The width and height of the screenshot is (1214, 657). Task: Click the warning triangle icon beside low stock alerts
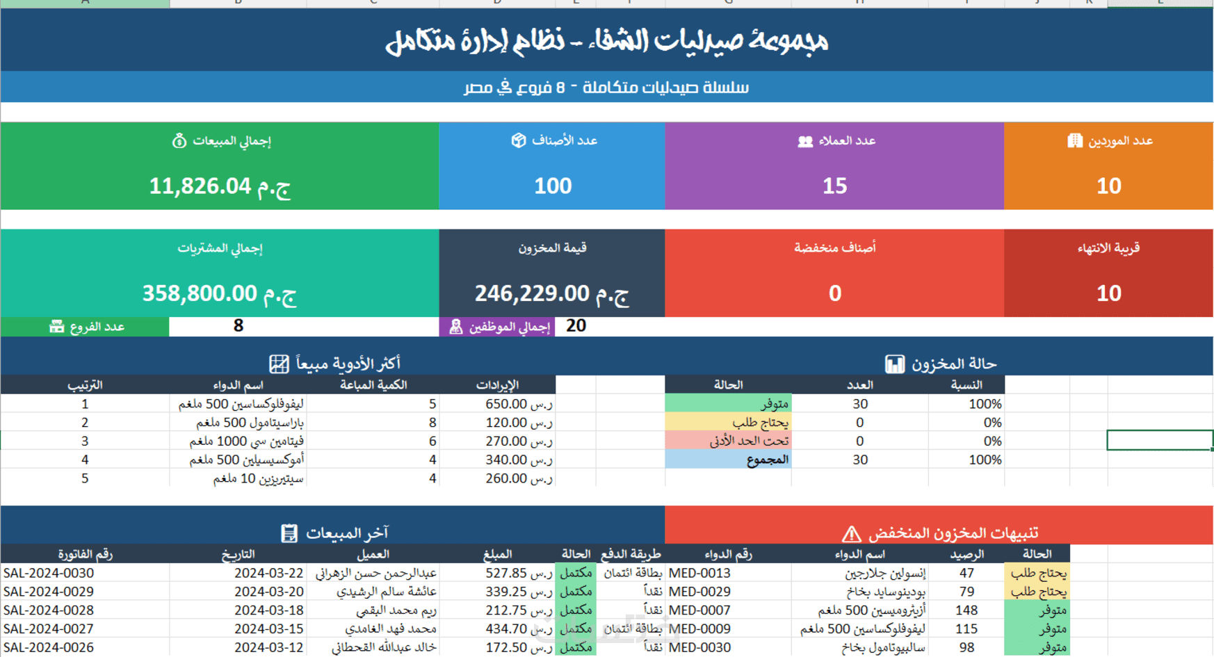tap(851, 534)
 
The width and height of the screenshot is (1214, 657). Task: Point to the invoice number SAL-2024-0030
tap(49, 573)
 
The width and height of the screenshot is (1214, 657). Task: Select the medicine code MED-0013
tap(699, 573)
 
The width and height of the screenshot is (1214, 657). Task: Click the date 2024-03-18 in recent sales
tap(269, 610)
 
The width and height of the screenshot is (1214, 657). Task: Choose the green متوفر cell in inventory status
tap(728, 404)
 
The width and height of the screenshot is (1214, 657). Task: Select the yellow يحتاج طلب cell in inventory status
tap(728, 423)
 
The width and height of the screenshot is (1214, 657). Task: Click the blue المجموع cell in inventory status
tap(728, 460)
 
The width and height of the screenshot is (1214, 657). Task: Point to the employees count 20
tap(576, 326)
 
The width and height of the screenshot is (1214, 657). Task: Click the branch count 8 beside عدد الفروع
tap(238, 326)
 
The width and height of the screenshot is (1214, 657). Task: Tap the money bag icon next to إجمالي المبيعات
tap(179, 141)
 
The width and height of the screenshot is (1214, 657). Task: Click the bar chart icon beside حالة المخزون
tap(895, 364)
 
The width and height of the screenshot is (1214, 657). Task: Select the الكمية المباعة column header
tap(373, 385)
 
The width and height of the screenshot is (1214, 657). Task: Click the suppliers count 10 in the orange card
tap(1108, 186)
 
